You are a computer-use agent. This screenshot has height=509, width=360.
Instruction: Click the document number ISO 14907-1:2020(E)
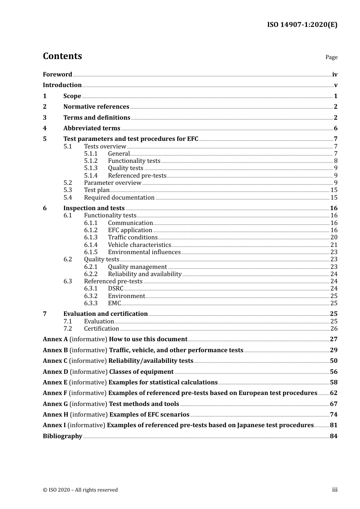pyautogui.click(x=302, y=25)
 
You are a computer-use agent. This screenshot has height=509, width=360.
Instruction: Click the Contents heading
pyautogui.click(x=62, y=56)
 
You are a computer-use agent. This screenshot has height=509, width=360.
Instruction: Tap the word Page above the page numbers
pyautogui.click(x=331, y=57)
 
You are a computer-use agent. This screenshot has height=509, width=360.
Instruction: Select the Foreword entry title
pyautogui.click(x=57, y=75)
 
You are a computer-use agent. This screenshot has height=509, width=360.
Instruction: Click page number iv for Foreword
pyautogui.click(x=335, y=75)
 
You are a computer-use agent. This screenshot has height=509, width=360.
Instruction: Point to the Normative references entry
pyautogui.click(x=96, y=107)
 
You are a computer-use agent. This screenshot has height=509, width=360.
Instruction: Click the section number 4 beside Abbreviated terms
pyautogui.click(x=45, y=128)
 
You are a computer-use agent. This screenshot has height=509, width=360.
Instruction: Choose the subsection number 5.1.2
pyautogui.click(x=91, y=161)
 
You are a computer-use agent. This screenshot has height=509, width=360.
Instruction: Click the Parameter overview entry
pyautogui.click(x=113, y=183)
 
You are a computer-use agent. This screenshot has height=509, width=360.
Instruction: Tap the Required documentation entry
pyautogui.click(x=119, y=198)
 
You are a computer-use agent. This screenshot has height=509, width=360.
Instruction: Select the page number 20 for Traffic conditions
pyautogui.click(x=334, y=237)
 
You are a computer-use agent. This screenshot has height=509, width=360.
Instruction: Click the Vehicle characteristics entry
pyautogui.click(x=139, y=245)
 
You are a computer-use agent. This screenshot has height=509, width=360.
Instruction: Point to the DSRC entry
pyautogui.click(x=116, y=289)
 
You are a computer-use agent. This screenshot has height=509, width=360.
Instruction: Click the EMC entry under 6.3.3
pyautogui.click(x=114, y=303)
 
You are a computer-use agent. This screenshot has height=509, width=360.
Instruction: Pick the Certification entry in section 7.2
pyautogui.click(x=102, y=329)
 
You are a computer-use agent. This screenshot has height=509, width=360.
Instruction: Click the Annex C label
pyautogui.click(x=55, y=361)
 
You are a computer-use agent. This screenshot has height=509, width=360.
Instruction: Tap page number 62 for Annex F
pyautogui.click(x=333, y=393)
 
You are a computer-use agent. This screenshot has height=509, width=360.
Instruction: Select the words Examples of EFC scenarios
pyautogui.click(x=149, y=415)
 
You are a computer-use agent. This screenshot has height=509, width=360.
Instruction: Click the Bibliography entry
pyautogui.click(x=63, y=436)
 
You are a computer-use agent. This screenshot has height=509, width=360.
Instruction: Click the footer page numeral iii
pyautogui.click(x=335, y=490)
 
